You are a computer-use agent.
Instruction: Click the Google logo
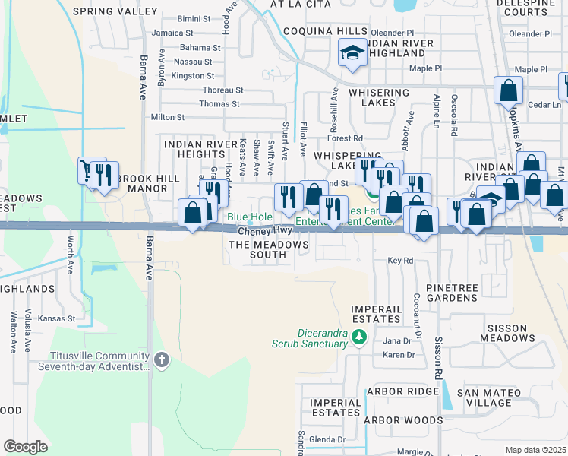click(x=25, y=447)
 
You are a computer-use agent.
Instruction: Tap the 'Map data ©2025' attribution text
click(x=535, y=450)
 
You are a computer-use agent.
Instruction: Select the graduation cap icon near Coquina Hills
click(x=352, y=52)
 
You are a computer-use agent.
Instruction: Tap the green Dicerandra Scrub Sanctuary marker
click(x=359, y=337)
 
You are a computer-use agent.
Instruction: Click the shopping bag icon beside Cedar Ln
click(x=508, y=90)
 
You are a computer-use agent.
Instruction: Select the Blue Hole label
click(x=250, y=217)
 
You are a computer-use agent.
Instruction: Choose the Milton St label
click(x=168, y=117)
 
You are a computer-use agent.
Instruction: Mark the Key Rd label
click(x=399, y=260)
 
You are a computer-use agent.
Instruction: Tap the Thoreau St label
click(x=222, y=90)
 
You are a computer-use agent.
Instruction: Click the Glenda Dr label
click(x=327, y=439)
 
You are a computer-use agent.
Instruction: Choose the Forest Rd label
click(x=345, y=138)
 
